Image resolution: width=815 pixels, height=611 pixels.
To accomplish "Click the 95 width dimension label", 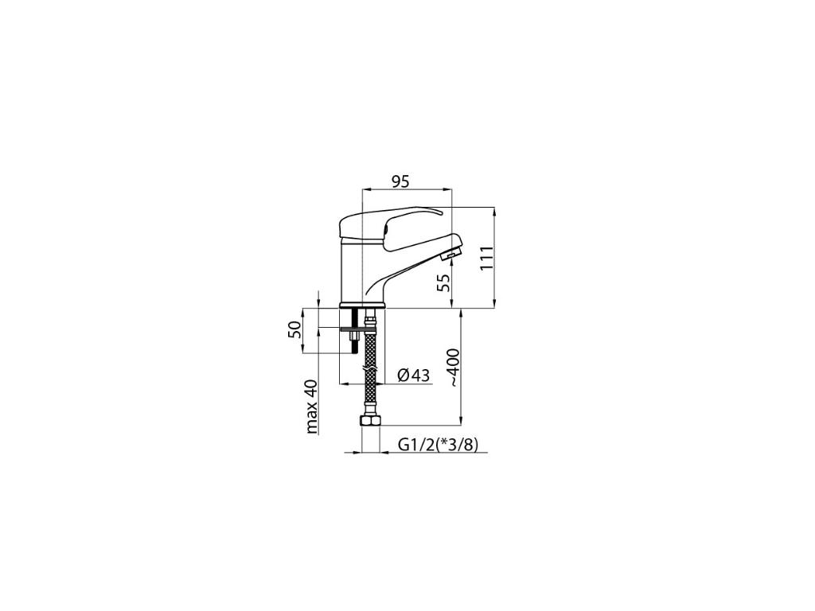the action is pyautogui.click(x=401, y=181).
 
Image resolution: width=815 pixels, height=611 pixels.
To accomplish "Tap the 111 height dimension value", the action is pyautogui.click(x=486, y=259).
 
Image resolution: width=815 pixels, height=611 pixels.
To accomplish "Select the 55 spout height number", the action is pyautogui.click(x=443, y=282).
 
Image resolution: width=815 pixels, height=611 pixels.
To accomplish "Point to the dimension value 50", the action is pyautogui.click(x=294, y=330).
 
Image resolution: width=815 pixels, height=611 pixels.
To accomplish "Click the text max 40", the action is pyautogui.click(x=311, y=407).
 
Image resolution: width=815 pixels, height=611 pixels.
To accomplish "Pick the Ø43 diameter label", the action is pyautogui.click(x=414, y=375).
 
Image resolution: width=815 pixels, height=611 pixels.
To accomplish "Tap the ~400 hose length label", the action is pyautogui.click(x=453, y=368).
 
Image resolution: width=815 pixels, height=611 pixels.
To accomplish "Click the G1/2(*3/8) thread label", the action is pyautogui.click(x=438, y=445).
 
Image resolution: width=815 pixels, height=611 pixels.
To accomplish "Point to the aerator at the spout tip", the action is pyautogui.click(x=451, y=255).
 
